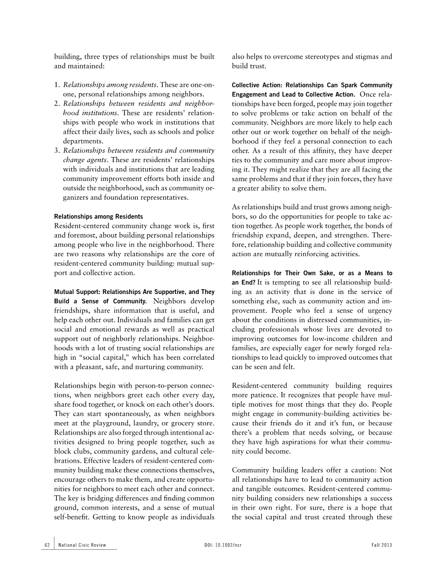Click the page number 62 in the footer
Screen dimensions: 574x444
point(47,545)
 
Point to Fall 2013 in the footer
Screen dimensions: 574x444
point(381,545)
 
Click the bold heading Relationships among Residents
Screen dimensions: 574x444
point(99,217)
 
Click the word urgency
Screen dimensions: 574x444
point(380,311)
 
